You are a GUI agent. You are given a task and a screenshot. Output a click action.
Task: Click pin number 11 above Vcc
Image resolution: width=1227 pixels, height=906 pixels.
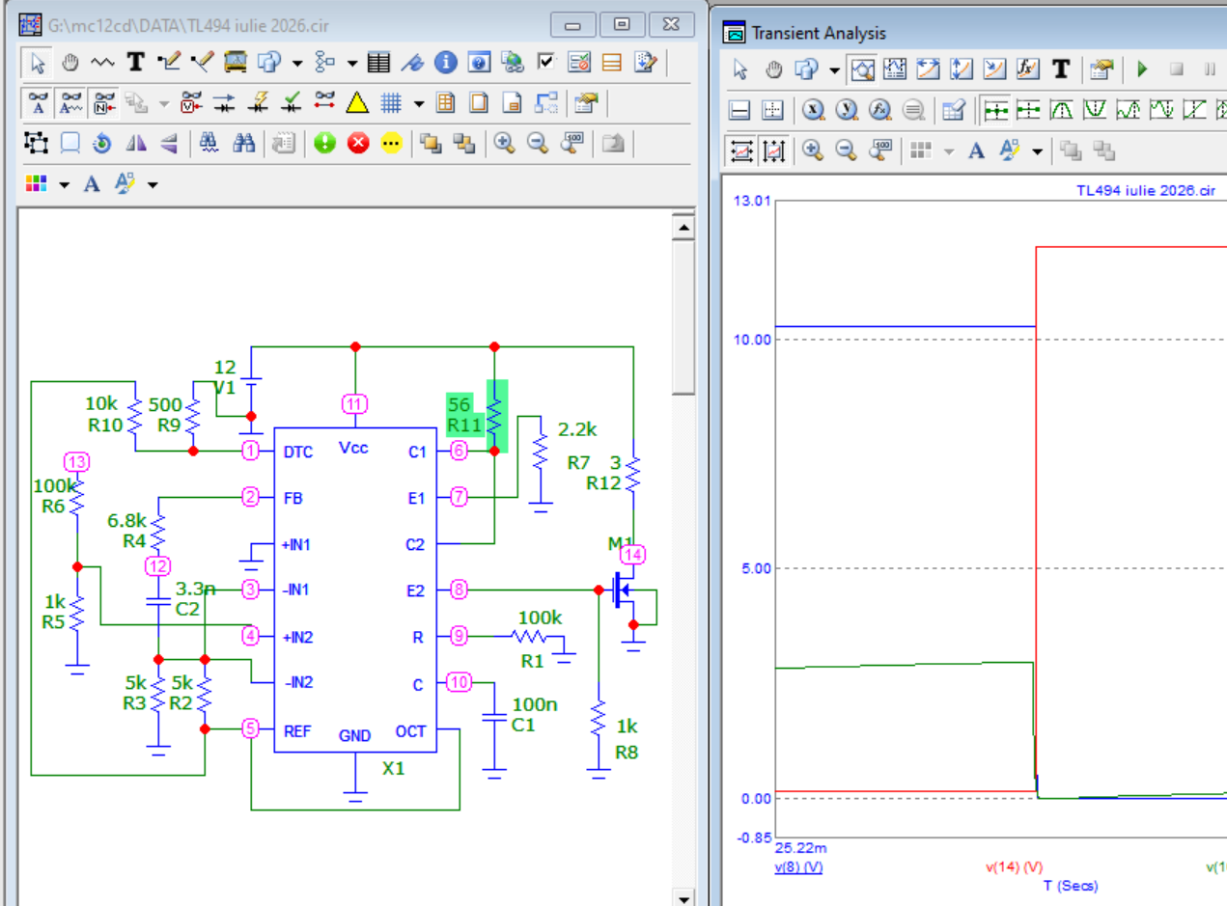point(354,404)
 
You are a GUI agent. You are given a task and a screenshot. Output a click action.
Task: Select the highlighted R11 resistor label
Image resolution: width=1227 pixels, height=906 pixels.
point(463,426)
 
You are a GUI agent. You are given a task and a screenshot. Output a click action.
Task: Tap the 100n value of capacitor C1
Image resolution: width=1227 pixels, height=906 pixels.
point(535,704)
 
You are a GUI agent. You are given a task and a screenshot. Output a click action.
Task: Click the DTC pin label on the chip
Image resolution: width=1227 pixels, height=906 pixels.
point(298,452)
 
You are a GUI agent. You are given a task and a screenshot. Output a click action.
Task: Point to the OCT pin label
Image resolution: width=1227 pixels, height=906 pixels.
point(410,731)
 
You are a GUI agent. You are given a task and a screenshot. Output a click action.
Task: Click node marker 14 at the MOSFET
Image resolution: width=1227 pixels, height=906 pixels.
point(633,554)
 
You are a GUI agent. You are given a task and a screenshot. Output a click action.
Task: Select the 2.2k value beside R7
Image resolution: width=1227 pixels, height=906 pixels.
point(577,429)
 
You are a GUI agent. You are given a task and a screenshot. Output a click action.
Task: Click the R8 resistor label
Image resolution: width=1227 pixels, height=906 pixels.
point(627,753)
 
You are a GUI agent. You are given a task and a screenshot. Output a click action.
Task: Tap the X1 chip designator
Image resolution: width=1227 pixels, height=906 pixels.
point(393,768)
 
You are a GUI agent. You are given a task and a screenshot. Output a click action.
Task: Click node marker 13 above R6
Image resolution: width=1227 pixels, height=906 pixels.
point(76,461)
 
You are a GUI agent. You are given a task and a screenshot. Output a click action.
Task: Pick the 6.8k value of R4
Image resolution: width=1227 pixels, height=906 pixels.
point(126,520)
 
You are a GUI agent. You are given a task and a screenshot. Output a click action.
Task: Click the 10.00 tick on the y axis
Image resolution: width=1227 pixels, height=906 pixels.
point(752,340)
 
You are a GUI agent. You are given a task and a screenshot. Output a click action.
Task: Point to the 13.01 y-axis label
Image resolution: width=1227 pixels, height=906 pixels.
point(752,201)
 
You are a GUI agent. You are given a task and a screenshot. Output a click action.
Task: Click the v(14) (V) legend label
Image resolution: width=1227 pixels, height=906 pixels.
point(1014,866)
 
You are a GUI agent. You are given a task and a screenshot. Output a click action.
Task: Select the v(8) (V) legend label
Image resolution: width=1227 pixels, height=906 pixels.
point(798,866)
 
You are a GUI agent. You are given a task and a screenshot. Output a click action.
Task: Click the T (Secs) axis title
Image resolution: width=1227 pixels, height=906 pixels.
point(1071,886)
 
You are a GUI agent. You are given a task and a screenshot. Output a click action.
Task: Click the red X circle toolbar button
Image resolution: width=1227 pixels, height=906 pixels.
point(358,143)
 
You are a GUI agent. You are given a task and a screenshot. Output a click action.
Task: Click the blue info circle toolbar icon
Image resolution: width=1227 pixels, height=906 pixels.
point(445,63)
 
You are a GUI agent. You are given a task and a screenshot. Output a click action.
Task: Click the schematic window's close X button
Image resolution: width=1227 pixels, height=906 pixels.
point(671,24)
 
